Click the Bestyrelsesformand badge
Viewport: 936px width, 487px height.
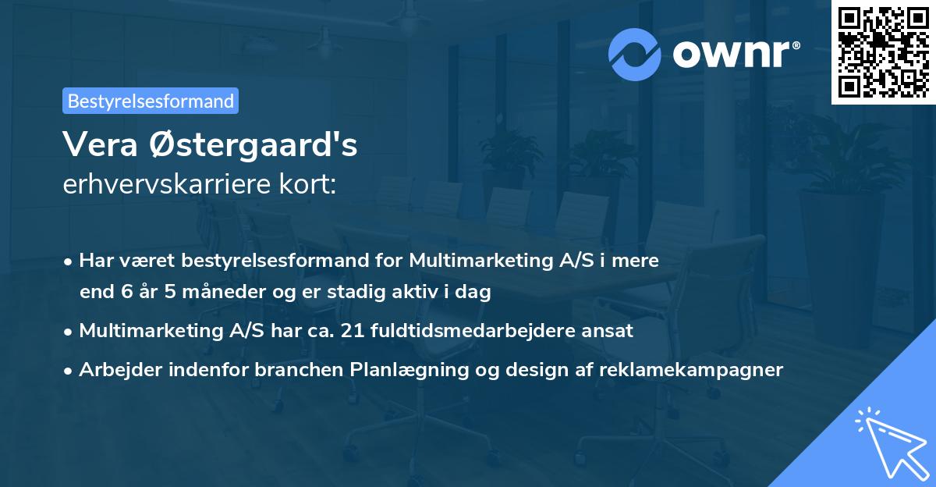pyautogui.click(x=151, y=101)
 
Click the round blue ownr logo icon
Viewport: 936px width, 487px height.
pyautogui.click(x=635, y=55)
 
